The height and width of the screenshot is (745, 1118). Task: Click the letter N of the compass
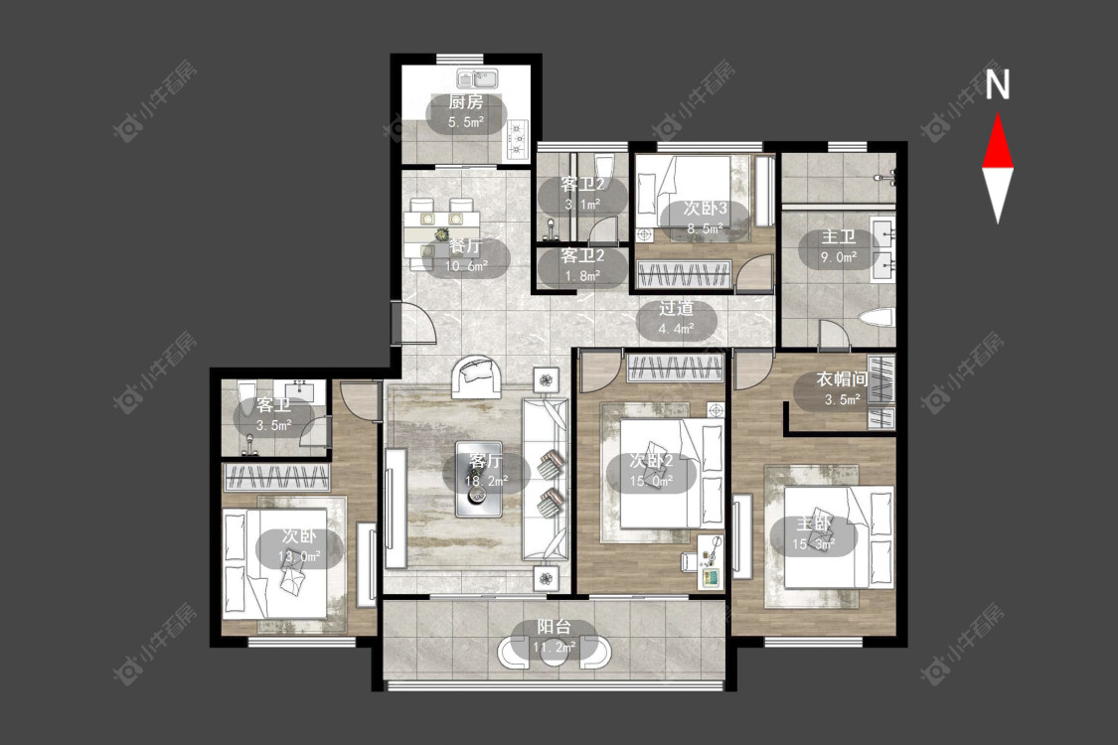(x=998, y=84)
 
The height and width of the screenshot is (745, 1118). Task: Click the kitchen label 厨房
(x=466, y=102)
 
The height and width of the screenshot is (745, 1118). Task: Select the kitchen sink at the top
(x=477, y=77)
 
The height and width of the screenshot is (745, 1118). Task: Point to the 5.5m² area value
(x=466, y=122)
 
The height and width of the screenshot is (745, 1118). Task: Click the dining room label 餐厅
(x=466, y=246)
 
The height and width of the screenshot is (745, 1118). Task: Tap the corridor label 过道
(x=676, y=309)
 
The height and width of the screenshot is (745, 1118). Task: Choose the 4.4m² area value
(x=676, y=329)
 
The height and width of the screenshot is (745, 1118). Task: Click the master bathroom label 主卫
(x=839, y=236)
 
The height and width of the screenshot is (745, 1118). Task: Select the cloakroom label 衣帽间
(x=842, y=379)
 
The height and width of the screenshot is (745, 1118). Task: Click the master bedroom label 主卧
(x=814, y=524)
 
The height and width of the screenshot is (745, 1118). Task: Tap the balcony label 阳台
(x=554, y=628)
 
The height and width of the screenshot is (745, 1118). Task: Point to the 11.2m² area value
(x=554, y=648)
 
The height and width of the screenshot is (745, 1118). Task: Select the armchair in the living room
(x=476, y=375)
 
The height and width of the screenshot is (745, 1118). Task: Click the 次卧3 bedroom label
(x=706, y=209)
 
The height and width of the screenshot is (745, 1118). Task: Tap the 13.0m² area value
(x=299, y=556)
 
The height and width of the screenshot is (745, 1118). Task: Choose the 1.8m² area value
(x=582, y=275)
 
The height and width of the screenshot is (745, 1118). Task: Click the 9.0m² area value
(x=839, y=257)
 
